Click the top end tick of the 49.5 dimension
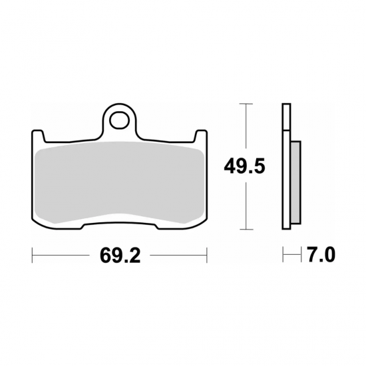[247, 104]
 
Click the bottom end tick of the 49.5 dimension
[247, 228]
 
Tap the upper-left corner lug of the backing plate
[38, 134]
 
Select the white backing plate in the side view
[286, 166]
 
